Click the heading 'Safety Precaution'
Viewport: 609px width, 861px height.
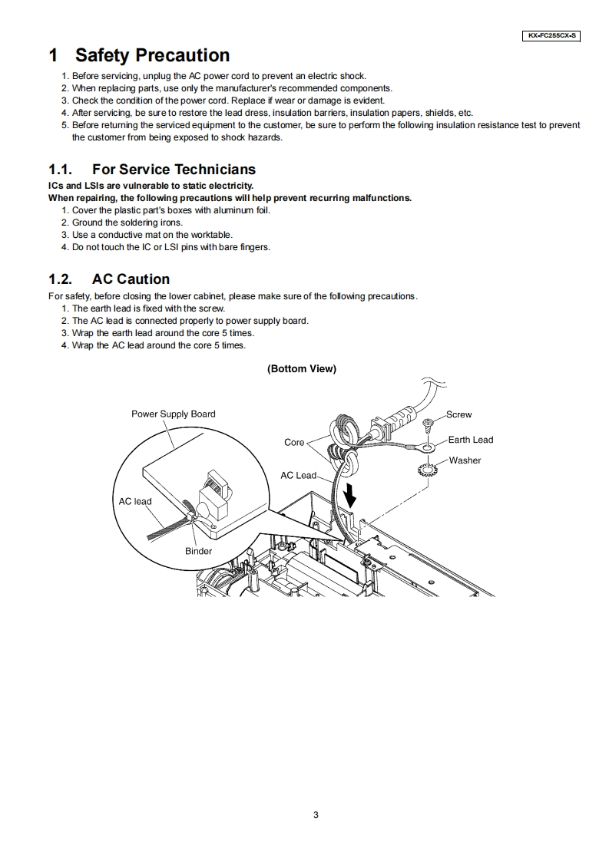(152, 55)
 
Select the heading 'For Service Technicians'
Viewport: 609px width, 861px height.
(174, 170)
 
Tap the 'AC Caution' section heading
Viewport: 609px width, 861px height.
(131, 279)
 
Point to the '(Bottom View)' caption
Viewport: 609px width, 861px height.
(302, 369)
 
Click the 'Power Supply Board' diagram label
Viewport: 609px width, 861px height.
(174, 414)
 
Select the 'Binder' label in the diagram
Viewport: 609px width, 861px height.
(198, 551)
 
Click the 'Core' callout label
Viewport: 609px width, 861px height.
(294, 443)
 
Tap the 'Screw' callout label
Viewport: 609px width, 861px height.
(458, 415)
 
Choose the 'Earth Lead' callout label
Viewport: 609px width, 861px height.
(470, 440)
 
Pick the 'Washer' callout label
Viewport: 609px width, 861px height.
(465, 460)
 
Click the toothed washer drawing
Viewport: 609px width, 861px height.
(427, 469)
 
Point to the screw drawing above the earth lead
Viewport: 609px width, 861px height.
(429, 424)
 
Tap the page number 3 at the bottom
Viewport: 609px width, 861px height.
(316, 815)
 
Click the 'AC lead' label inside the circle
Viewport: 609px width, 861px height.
(135, 502)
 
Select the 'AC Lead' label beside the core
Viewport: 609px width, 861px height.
(298, 476)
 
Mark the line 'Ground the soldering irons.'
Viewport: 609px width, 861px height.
(127, 223)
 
